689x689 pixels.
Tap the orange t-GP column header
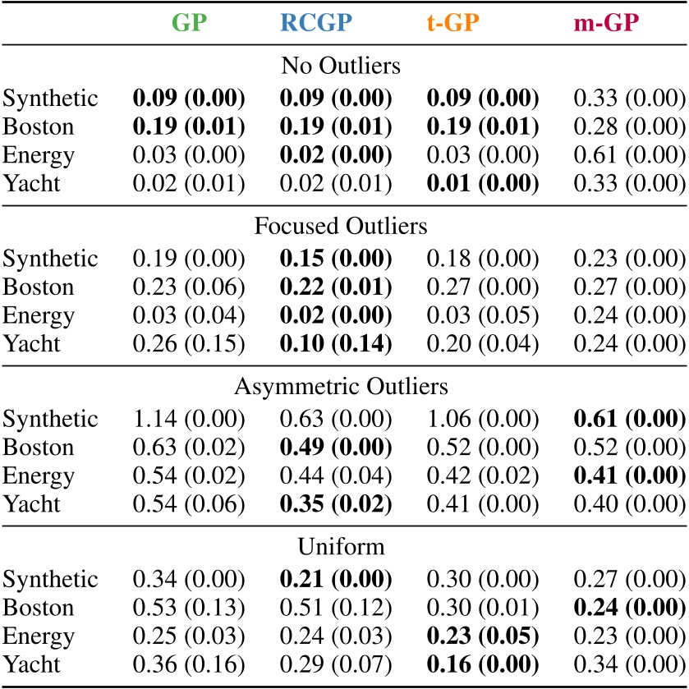pos(482,23)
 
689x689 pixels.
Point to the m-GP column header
pos(628,23)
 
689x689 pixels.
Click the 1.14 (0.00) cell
pos(189,420)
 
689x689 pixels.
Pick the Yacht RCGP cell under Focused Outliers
pos(336,343)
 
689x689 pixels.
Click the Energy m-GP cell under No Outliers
pos(628,155)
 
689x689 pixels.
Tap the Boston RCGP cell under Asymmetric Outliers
pos(336,448)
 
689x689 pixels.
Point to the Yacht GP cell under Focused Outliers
pos(189,343)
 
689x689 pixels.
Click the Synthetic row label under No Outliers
pos(50,99)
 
